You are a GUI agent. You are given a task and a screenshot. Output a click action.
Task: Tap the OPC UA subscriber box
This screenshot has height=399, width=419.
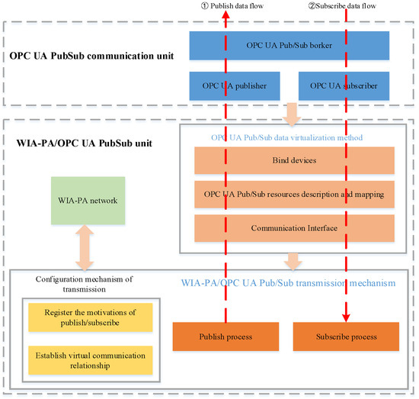tap(345, 85)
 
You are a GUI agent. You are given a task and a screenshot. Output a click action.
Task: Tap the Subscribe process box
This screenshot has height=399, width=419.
tap(346, 336)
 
